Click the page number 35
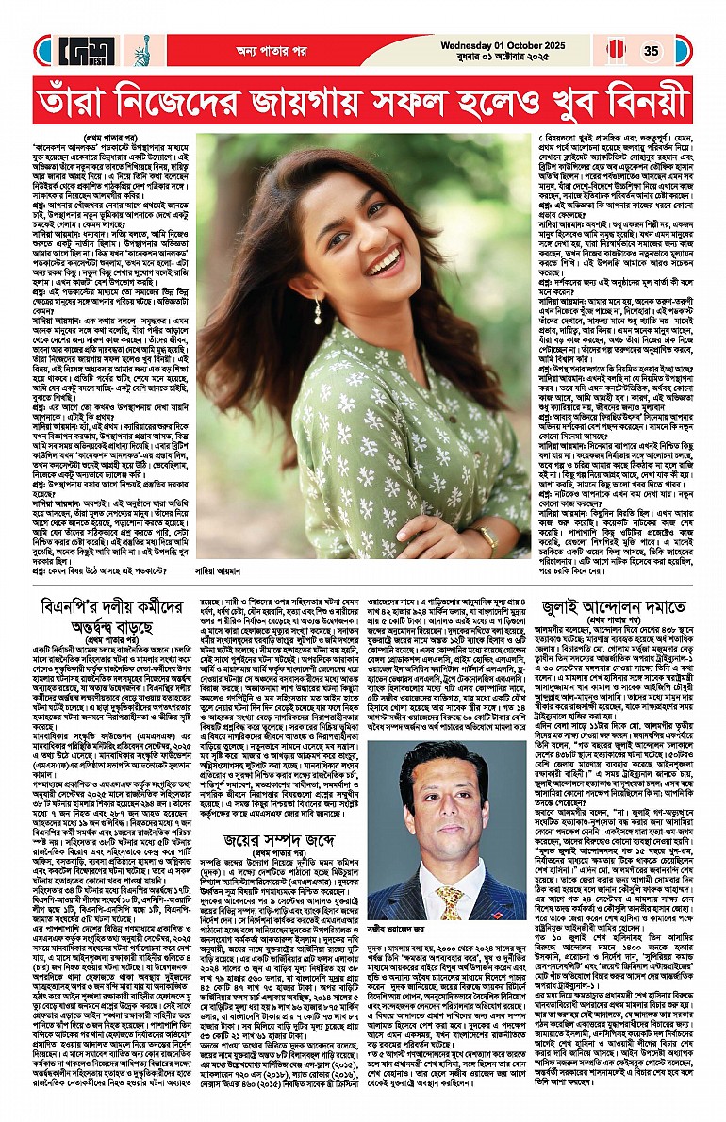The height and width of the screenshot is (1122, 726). (652, 51)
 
